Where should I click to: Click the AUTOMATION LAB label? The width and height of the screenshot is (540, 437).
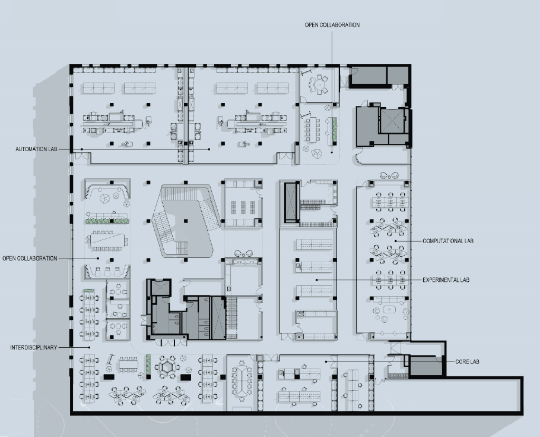pos(37,149)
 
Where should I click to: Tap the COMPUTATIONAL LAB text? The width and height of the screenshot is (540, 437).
pos(447,241)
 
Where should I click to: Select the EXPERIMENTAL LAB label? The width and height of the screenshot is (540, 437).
pos(446,279)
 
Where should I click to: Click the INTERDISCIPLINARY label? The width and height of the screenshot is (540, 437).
pos(33,347)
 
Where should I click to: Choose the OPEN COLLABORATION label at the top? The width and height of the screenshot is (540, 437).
pos(332,25)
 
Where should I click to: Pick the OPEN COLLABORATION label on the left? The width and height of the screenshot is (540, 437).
pos(30,258)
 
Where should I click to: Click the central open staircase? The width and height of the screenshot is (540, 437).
pos(183,221)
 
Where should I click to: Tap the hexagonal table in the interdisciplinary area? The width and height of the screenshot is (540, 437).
pos(166,367)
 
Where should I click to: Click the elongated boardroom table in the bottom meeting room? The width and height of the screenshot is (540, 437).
pos(243,380)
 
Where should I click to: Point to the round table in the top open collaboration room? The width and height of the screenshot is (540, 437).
pos(321,84)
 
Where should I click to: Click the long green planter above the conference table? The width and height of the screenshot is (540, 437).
pos(107,221)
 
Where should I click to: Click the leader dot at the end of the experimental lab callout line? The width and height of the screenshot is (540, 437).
pos(316,279)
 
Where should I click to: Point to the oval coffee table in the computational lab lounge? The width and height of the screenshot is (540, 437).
pos(389,310)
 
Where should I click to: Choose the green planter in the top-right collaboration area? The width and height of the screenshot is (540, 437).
pos(334,127)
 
